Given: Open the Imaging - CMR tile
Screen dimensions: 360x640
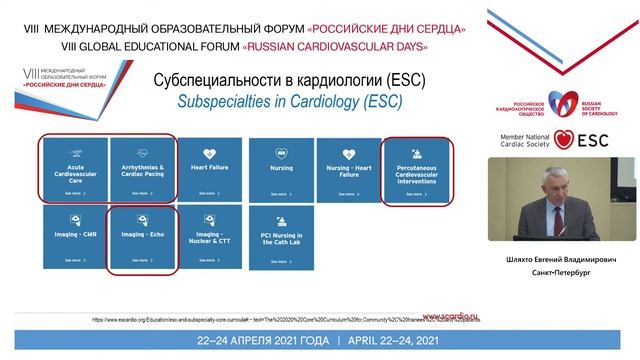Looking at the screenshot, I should click(x=72, y=237).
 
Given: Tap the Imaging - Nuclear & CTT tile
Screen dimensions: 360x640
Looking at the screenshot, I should click(x=210, y=237).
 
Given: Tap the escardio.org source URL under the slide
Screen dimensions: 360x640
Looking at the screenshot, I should click(x=270, y=319).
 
